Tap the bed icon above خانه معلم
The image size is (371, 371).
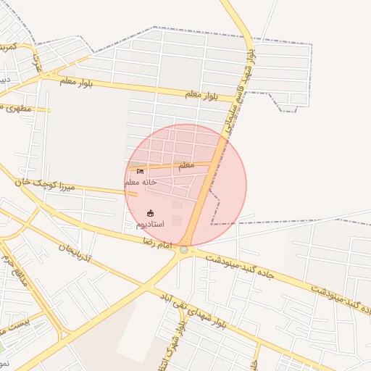140,172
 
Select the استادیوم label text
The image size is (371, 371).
150,224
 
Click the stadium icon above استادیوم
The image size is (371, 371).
150,214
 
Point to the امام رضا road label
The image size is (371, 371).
158,241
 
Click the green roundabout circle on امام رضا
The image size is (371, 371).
184,250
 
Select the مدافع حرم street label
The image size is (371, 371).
14,269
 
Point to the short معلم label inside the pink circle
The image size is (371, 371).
186,165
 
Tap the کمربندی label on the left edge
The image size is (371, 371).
7,46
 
